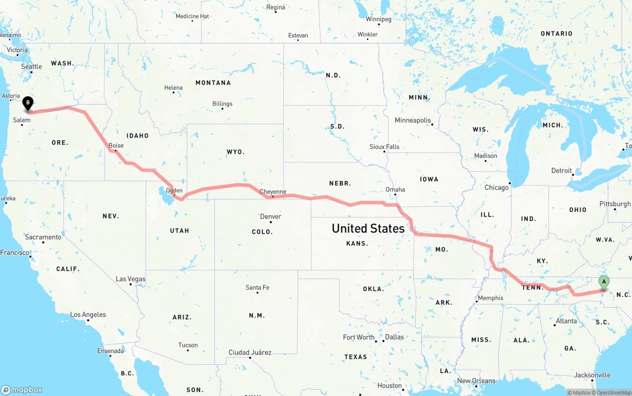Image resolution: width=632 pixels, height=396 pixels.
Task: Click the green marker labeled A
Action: [x=603, y=282]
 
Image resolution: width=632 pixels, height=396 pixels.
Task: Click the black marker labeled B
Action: [x=28, y=104]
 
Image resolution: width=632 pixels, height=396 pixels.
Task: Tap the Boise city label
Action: [x=116, y=145]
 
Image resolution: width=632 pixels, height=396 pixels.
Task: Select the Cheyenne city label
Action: [x=273, y=192]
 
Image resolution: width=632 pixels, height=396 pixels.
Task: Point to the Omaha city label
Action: [x=395, y=189]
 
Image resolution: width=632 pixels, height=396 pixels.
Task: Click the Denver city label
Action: [x=271, y=216]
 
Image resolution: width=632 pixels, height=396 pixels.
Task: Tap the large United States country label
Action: [x=368, y=228]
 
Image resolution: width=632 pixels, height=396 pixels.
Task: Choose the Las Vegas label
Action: [x=130, y=279]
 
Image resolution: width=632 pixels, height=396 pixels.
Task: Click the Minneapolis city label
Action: [x=413, y=120]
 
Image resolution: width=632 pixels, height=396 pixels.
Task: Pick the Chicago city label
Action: [x=496, y=187]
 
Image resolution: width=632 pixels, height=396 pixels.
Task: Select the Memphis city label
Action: [x=490, y=298]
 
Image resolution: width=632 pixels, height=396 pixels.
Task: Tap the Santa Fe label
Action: [x=257, y=288]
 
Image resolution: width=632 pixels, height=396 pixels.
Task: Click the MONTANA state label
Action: [x=213, y=83]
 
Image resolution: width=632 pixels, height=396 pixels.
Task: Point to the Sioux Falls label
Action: [x=384, y=147]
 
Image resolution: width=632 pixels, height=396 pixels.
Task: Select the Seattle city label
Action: [x=32, y=67]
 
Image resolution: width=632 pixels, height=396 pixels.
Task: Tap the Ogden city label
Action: [x=174, y=190]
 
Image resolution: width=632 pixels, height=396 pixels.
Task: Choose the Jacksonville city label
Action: [x=593, y=375]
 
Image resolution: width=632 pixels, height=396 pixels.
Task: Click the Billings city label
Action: [x=222, y=104]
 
